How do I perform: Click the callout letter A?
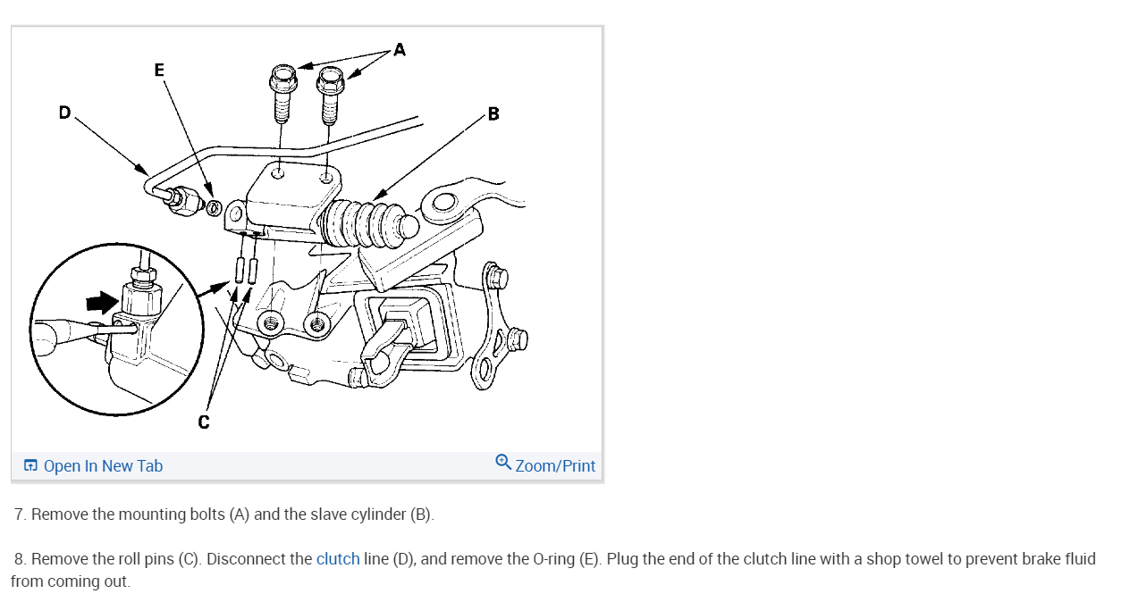coord(399,49)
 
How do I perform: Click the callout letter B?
coord(493,113)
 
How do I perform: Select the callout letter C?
coord(204,422)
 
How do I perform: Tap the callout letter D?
coord(64,112)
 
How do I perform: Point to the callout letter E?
coord(159,70)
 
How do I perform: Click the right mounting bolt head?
coord(331,79)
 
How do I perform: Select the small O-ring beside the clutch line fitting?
coord(214,209)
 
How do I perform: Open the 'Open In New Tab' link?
coord(103,465)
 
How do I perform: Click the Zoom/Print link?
coord(554,465)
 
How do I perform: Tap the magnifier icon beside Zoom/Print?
coord(503,463)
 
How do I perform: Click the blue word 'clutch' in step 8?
coord(338,559)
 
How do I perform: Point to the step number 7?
coord(20,514)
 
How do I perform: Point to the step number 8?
coord(20,559)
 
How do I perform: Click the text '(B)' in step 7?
coord(421,514)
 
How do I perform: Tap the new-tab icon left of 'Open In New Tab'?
coord(31,465)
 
